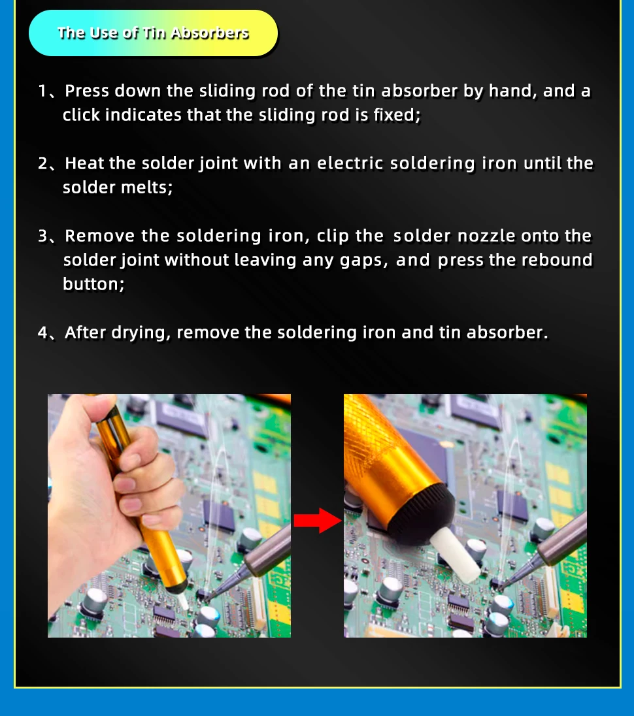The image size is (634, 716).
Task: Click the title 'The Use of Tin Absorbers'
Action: (x=153, y=33)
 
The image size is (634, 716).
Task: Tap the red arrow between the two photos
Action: (x=318, y=521)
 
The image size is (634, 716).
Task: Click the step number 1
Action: (x=42, y=91)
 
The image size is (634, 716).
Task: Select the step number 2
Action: (x=43, y=163)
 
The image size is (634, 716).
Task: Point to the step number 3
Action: (x=43, y=236)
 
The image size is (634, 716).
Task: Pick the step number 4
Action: (x=43, y=333)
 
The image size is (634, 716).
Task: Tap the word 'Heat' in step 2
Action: (x=84, y=163)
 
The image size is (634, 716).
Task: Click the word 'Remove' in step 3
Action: (x=99, y=236)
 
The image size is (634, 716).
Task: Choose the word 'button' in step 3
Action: (x=93, y=284)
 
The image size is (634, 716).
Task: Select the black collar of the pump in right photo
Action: (x=422, y=513)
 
